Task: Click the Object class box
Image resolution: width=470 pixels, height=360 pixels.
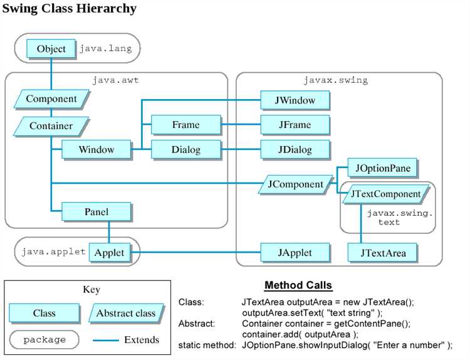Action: click(x=51, y=49)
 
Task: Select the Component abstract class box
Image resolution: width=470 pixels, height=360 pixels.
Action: click(x=51, y=99)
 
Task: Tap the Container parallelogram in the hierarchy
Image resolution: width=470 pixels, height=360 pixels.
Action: click(x=51, y=126)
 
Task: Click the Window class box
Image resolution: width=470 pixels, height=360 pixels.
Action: click(x=97, y=150)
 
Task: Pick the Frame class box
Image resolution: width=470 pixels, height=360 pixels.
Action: click(x=186, y=125)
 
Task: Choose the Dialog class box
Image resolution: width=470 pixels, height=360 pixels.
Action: click(x=186, y=150)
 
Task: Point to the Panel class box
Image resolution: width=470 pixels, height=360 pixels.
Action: click(x=97, y=212)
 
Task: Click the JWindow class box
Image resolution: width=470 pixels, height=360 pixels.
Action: click(x=295, y=100)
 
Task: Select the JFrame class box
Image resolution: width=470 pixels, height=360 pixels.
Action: click(x=295, y=125)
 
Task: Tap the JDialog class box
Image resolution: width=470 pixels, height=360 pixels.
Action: click(x=295, y=150)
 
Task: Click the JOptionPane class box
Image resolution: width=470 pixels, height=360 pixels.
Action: click(x=382, y=168)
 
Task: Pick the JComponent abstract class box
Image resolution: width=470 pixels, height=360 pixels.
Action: click(x=296, y=184)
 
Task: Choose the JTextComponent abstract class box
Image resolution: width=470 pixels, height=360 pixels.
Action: click(x=386, y=194)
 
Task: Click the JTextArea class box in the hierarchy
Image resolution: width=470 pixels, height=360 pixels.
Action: click(x=383, y=253)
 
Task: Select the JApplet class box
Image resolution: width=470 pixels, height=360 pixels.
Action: click(x=295, y=253)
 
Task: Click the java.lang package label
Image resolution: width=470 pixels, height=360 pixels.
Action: click(x=105, y=48)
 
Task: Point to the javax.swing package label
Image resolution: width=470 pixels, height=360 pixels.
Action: click(x=336, y=80)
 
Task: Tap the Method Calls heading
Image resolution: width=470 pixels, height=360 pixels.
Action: click(x=298, y=285)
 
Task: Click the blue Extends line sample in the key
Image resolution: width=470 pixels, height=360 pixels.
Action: click(x=106, y=340)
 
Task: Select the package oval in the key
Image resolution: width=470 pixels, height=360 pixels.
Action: click(x=44, y=340)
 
